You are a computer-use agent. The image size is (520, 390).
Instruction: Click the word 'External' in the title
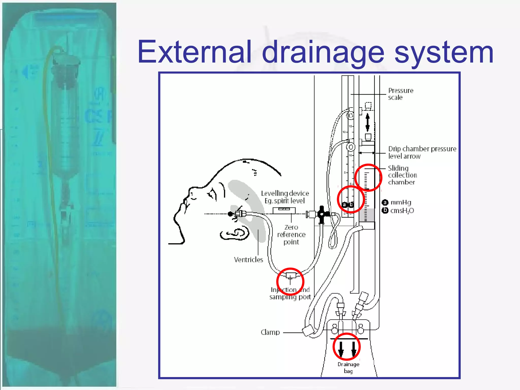click(194, 52)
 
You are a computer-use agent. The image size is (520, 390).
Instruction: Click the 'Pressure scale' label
click(400, 94)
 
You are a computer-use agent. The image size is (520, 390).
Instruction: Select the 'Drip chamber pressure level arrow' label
click(422, 152)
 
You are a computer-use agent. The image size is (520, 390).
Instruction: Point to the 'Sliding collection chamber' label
click(402, 175)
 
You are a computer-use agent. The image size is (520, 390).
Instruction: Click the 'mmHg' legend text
click(401, 202)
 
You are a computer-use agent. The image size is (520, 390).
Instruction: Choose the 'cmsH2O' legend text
click(402, 211)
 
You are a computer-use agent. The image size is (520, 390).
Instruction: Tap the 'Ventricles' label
click(248, 260)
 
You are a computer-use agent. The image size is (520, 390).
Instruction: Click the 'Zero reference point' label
click(291, 235)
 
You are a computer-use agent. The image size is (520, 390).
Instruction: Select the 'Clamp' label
click(270, 332)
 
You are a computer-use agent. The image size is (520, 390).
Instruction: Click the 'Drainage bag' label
click(348, 368)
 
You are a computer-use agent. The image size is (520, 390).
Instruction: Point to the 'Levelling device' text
click(285, 193)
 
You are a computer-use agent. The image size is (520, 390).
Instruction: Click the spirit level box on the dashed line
click(284, 210)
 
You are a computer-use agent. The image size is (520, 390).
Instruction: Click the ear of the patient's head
click(236, 234)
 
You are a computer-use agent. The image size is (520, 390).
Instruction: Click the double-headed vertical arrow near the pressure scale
click(367, 123)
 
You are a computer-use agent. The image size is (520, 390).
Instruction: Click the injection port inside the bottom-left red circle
click(290, 276)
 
